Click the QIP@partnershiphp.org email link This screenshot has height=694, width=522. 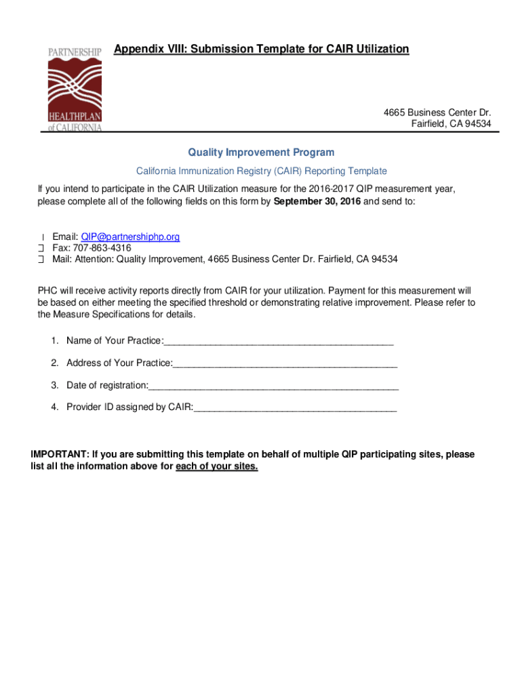point(130,237)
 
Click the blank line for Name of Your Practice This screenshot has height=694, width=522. point(279,340)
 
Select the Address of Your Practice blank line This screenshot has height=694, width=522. point(285,363)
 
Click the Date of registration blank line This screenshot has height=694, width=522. point(273,386)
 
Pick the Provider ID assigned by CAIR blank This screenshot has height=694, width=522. point(295,408)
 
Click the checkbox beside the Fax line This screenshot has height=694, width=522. point(41,248)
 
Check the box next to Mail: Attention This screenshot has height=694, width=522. point(41,260)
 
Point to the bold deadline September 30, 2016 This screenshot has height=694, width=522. point(317,202)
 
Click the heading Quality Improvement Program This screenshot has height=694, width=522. point(261,152)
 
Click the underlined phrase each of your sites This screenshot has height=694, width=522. point(217,467)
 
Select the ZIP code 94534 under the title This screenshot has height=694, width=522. point(477,123)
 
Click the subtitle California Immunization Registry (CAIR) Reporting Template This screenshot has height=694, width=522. point(262,171)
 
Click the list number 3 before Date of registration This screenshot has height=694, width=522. point(54,386)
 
